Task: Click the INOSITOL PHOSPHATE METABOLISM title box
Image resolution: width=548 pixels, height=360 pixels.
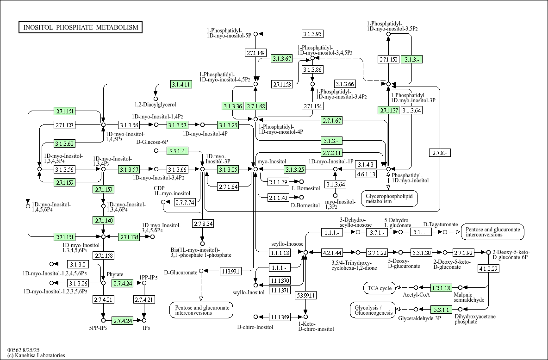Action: [81, 27]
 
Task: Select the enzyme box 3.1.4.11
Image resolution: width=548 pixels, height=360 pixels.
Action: [181, 84]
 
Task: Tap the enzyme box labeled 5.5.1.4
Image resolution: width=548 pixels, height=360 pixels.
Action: [177, 151]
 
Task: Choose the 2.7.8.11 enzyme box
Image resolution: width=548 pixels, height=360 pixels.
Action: [332, 153]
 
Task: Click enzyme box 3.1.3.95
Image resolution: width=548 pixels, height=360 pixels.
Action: [312, 34]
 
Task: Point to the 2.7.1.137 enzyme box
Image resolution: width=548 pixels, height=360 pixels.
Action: [388, 110]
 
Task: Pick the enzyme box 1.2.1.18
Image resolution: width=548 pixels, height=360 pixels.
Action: [441, 288]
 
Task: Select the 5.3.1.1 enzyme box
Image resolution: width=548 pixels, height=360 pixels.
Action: [441, 310]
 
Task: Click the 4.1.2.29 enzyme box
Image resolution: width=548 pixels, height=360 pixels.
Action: [488, 268]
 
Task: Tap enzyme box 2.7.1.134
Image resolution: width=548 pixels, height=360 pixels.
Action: [129, 237]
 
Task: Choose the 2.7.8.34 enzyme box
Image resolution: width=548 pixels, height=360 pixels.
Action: [202, 224]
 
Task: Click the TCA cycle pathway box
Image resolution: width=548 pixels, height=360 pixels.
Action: [380, 288]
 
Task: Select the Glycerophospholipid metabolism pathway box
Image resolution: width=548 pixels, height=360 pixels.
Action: [389, 199]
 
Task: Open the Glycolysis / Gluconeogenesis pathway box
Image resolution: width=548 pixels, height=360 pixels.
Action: [372, 310]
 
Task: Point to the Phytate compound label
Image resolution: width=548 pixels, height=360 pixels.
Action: [115, 274]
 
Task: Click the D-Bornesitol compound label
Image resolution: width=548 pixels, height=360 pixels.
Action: [305, 205]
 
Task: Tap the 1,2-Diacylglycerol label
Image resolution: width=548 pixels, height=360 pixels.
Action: [155, 105]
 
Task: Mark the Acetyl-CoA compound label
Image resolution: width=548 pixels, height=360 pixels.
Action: [416, 295]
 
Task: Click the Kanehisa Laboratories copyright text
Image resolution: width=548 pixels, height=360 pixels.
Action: [36, 355]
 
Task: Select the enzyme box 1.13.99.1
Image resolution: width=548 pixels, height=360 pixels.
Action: [230, 271]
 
